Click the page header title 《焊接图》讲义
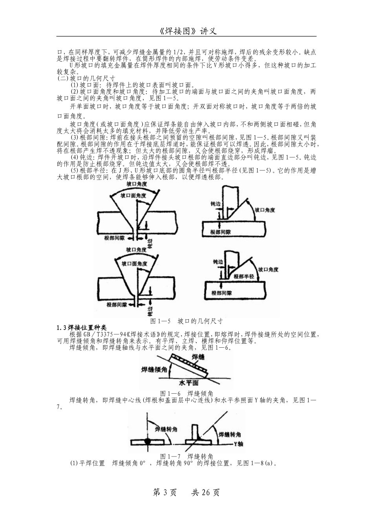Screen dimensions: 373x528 pos(186,31)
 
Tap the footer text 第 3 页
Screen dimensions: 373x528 pos(165,492)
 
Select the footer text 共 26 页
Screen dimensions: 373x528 pos(205,492)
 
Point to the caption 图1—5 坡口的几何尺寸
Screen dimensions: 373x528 pos(187,321)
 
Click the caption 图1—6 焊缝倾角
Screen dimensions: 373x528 pos(187,393)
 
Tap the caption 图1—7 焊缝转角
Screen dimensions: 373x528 pos(187,456)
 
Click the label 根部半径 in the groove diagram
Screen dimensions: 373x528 pos(245,277)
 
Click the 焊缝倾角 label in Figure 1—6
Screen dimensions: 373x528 pos(154,370)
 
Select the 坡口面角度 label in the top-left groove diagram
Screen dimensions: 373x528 pos(134,195)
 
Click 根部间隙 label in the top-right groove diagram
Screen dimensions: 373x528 pos(220,232)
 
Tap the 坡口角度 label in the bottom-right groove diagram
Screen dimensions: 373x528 pos(269,269)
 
